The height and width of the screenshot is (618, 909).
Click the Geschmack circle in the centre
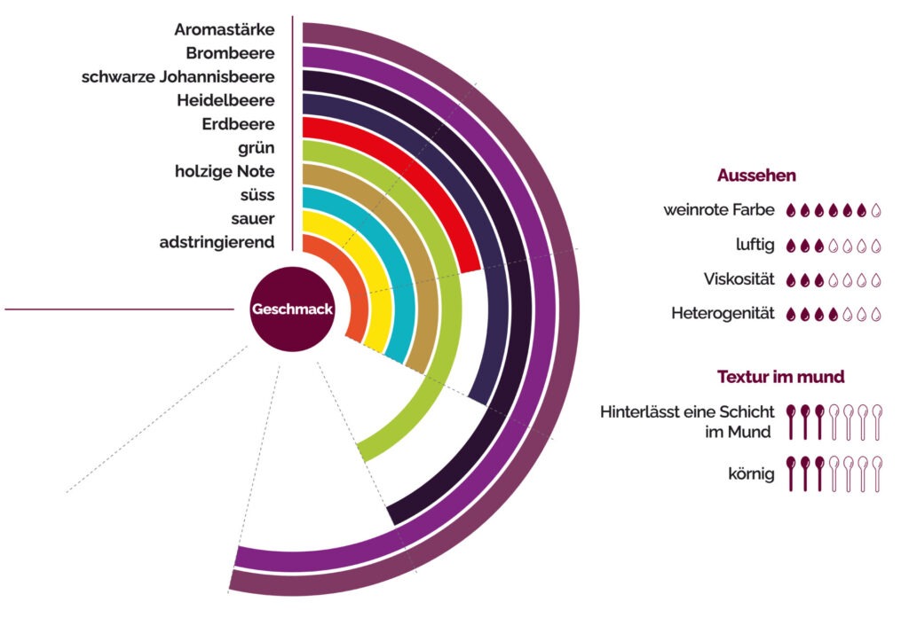[292, 309]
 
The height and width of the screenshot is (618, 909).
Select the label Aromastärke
[224, 29]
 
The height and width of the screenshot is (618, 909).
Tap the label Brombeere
[230, 53]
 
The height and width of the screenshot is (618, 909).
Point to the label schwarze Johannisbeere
[178, 76]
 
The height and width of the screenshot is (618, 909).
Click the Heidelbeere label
[225, 100]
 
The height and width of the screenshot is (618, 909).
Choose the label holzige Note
[225, 171]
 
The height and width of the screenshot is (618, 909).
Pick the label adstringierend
[217, 241]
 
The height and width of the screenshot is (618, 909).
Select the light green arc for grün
[448, 355]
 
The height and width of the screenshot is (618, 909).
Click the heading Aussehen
[756, 176]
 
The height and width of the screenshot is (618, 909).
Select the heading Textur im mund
[780, 377]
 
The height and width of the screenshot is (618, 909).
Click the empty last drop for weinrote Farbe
[876, 211]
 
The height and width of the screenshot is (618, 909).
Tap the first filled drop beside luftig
[793, 246]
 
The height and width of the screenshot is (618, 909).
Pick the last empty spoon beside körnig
[876, 473]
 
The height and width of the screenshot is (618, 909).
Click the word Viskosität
[739, 279]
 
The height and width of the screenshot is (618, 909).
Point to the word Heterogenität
[723, 313]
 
